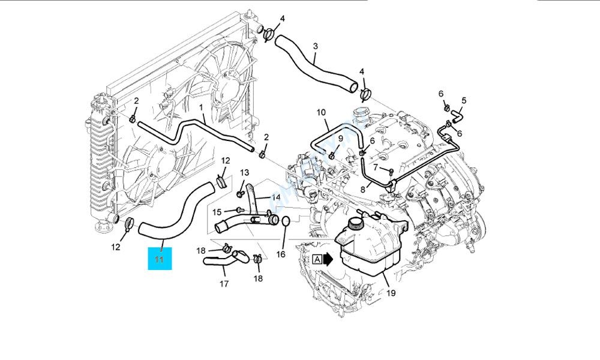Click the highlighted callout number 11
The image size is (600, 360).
(x=160, y=259)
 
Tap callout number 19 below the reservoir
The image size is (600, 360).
(x=392, y=294)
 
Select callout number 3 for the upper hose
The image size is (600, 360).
(x=315, y=46)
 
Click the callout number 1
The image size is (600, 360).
(x=201, y=108)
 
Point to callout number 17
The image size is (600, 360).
(x=223, y=284)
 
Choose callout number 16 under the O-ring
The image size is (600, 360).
(x=280, y=254)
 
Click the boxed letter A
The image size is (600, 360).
(x=316, y=259)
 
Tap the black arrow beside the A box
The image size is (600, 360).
(x=328, y=259)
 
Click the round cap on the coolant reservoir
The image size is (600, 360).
(x=356, y=223)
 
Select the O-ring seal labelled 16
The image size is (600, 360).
(x=286, y=221)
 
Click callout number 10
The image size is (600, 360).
(x=321, y=112)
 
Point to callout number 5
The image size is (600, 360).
(x=463, y=100)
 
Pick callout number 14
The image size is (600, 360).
(x=277, y=197)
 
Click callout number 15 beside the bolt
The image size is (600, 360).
(x=217, y=211)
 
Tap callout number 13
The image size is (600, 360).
(x=244, y=173)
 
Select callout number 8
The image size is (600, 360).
(x=362, y=190)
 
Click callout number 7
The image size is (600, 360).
(x=376, y=167)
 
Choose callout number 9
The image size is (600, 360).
(x=340, y=139)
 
